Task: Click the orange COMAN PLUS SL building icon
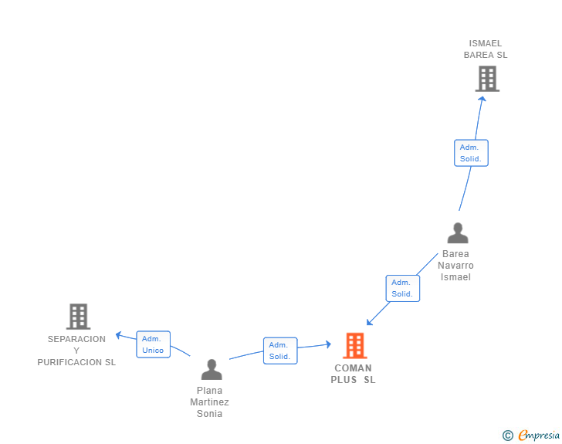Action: (x=355, y=346)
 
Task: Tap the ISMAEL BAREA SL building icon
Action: (x=487, y=79)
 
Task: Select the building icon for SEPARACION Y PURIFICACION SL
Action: (x=79, y=317)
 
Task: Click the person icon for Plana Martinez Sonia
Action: (x=212, y=369)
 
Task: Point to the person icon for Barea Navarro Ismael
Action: (x=458, y=232)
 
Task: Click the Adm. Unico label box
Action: (x=153, y=344)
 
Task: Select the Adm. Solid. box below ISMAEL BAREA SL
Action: (x=471, y=153)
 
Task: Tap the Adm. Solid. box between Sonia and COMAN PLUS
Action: (x=280, y=351)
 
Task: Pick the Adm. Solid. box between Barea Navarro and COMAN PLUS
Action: (x=402, y=288)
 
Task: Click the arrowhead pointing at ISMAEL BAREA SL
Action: (x=482, y=99)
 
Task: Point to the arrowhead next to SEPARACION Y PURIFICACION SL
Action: (x=118, y=335)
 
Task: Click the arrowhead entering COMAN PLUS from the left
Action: (x=328, y=344)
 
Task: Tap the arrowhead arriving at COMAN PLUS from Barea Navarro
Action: (x=369, y=322)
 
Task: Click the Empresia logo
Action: (x=539, y=436)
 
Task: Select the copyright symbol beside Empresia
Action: (x=507, y=436)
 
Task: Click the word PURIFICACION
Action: (x=69, y=362)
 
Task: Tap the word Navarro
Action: (x=455, y=266)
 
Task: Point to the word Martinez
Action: (x=209, y=402)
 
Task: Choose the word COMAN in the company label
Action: (x=353, y=368)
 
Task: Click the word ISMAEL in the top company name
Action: (x=486, y=43)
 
